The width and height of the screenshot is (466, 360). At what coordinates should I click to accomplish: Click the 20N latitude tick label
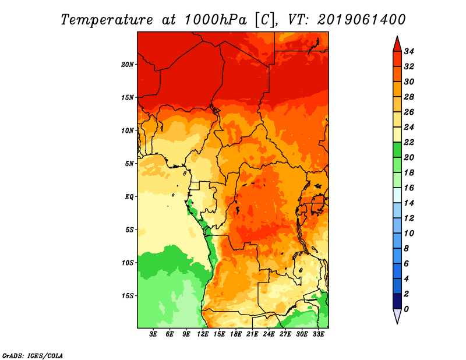coord(128,64)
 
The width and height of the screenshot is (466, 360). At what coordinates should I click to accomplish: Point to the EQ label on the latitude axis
coord(129,196)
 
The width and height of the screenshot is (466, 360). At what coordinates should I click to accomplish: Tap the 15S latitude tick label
coord(128,295)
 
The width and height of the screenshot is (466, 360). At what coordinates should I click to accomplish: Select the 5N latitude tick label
coord(129,163)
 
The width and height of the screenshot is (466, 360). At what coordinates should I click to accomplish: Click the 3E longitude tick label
coord(154,334)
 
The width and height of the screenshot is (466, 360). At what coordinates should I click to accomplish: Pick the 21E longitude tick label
coord(252,334)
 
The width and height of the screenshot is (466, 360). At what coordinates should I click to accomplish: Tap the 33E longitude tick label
coord(318,334)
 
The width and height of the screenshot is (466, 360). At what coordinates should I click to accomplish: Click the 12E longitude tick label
coord(203,334)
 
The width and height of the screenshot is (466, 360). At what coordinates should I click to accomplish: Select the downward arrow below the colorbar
coord(397,316)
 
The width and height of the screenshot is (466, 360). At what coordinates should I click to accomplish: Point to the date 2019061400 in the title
coord(361,20)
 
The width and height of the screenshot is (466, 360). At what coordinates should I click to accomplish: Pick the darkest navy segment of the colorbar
coord(397,301)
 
